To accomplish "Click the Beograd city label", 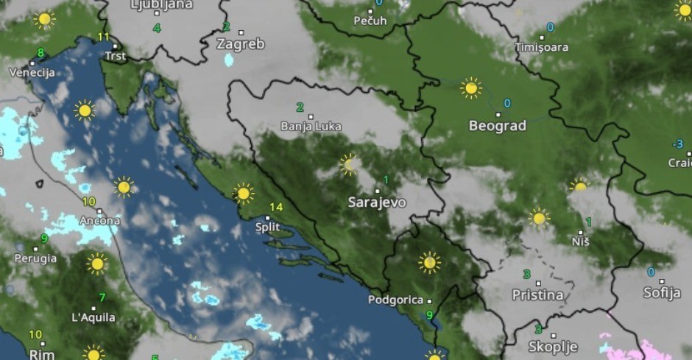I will (x=498, y=126).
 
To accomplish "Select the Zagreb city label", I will (x=240, y=44).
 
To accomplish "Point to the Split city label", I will (x=267, y=227).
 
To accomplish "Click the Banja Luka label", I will (x=311, y=127).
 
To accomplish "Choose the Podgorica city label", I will (x=396, y=300).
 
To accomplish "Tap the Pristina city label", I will (x=538, y=294).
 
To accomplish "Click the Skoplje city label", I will (x=553, y=346).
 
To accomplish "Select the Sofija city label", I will (x=661, y=292).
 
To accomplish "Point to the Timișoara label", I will (x=542, y=47).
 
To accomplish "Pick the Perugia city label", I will (x=35, y=258).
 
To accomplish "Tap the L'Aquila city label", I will (x=93, y=317).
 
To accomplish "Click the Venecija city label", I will (x=32, y=72).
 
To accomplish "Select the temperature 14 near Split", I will (x=276, y=207).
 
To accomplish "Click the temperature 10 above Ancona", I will (x=89, y=201).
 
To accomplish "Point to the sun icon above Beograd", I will (x=470, y=88).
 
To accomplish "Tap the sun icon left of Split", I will (x=243, y=194).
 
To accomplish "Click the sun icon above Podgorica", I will (x=429, y=262).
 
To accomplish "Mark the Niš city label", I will (x=580, y=241).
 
